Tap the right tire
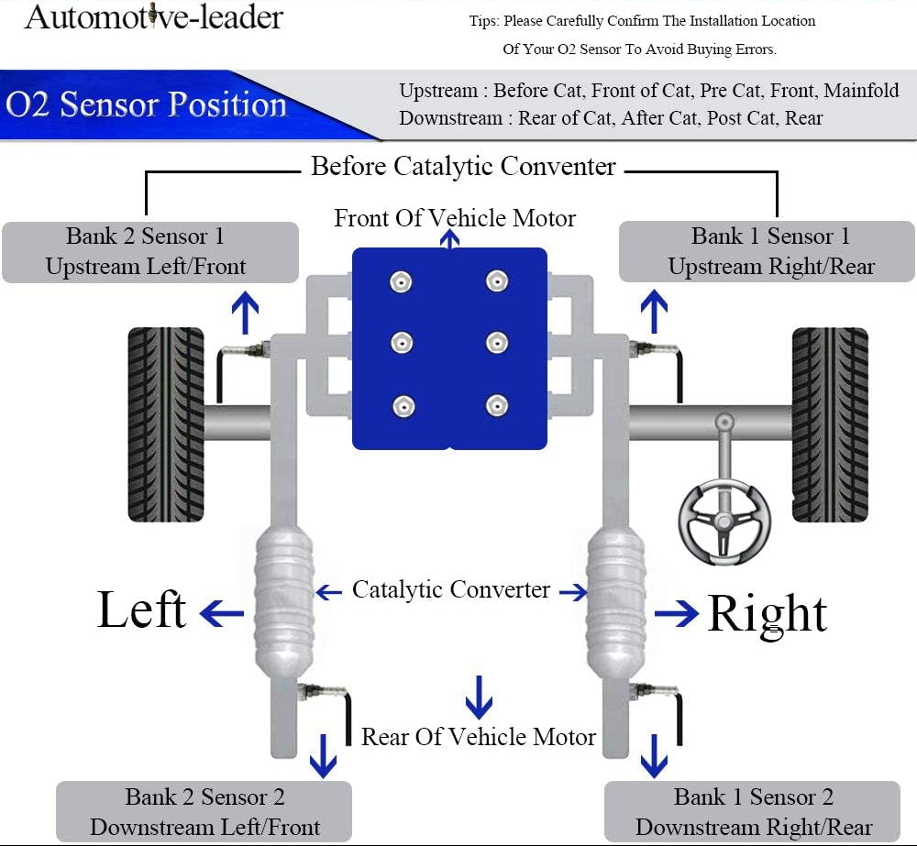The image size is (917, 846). click(829, 424)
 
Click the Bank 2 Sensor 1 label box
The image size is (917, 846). click(149, 251)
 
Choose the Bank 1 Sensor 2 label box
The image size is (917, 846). click(753, 811)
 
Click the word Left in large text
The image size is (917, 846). click(142, 610)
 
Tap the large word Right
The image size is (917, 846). click(767, 613)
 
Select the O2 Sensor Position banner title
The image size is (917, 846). click(147, 104)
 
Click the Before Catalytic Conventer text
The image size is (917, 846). click(463, 167)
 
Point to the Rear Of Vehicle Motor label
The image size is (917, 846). click(478, 737)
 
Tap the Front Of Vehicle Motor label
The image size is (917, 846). click(455, 218)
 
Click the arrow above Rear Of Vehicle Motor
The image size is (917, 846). click(478, 697)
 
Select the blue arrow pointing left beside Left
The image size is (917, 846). click(221, 612)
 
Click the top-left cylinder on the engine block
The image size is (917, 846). click(400, 281)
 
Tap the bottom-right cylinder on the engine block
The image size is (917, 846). click(497, 404)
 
